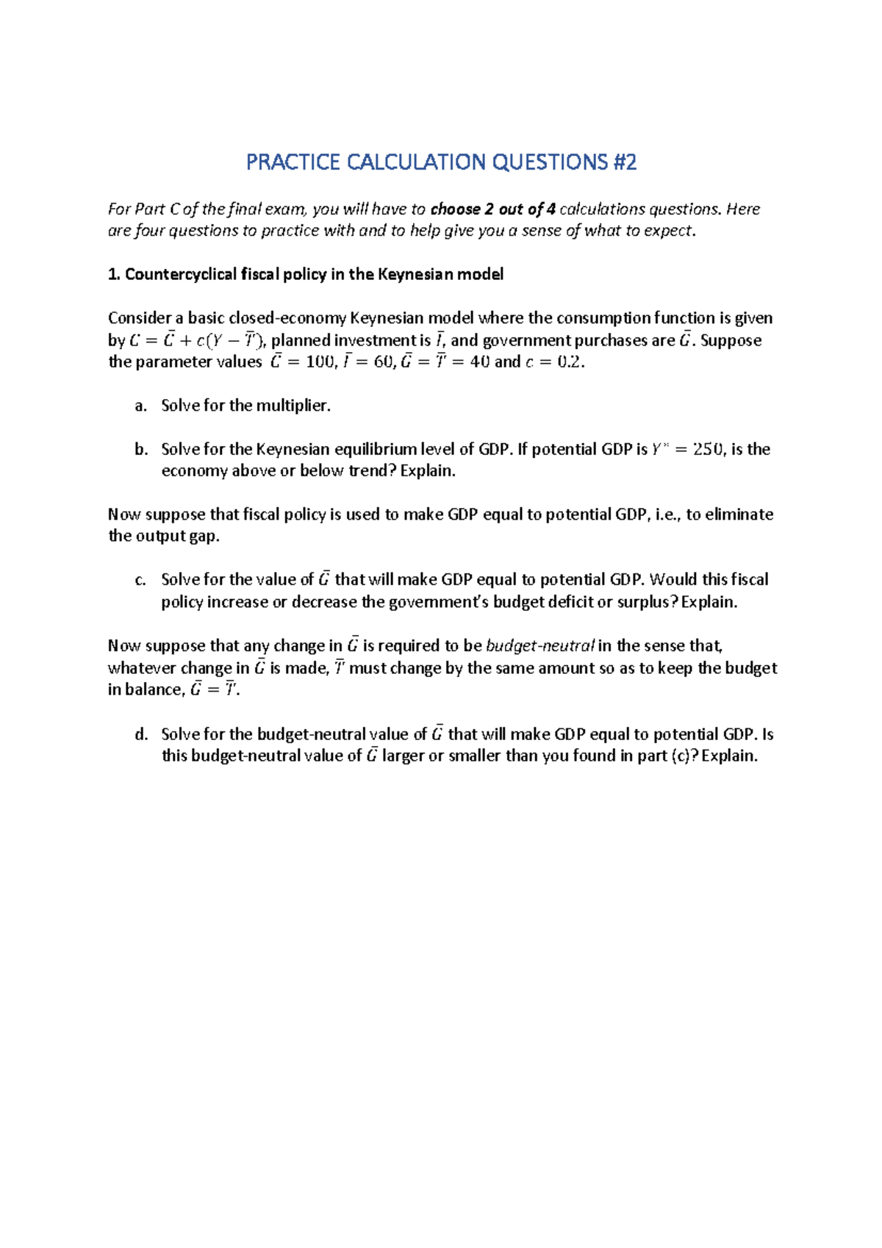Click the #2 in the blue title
pyautogui.click(x=623, y=162)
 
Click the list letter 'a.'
pyautogui.click(x=141, y=406)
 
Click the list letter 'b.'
pyautogui.click(x=141, y=449)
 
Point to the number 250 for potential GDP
pyautogui.click(x=707, y=449)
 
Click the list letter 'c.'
pyautogui.click(x=141, y=580)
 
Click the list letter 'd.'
pyautogui.click(x=141, y=734)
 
